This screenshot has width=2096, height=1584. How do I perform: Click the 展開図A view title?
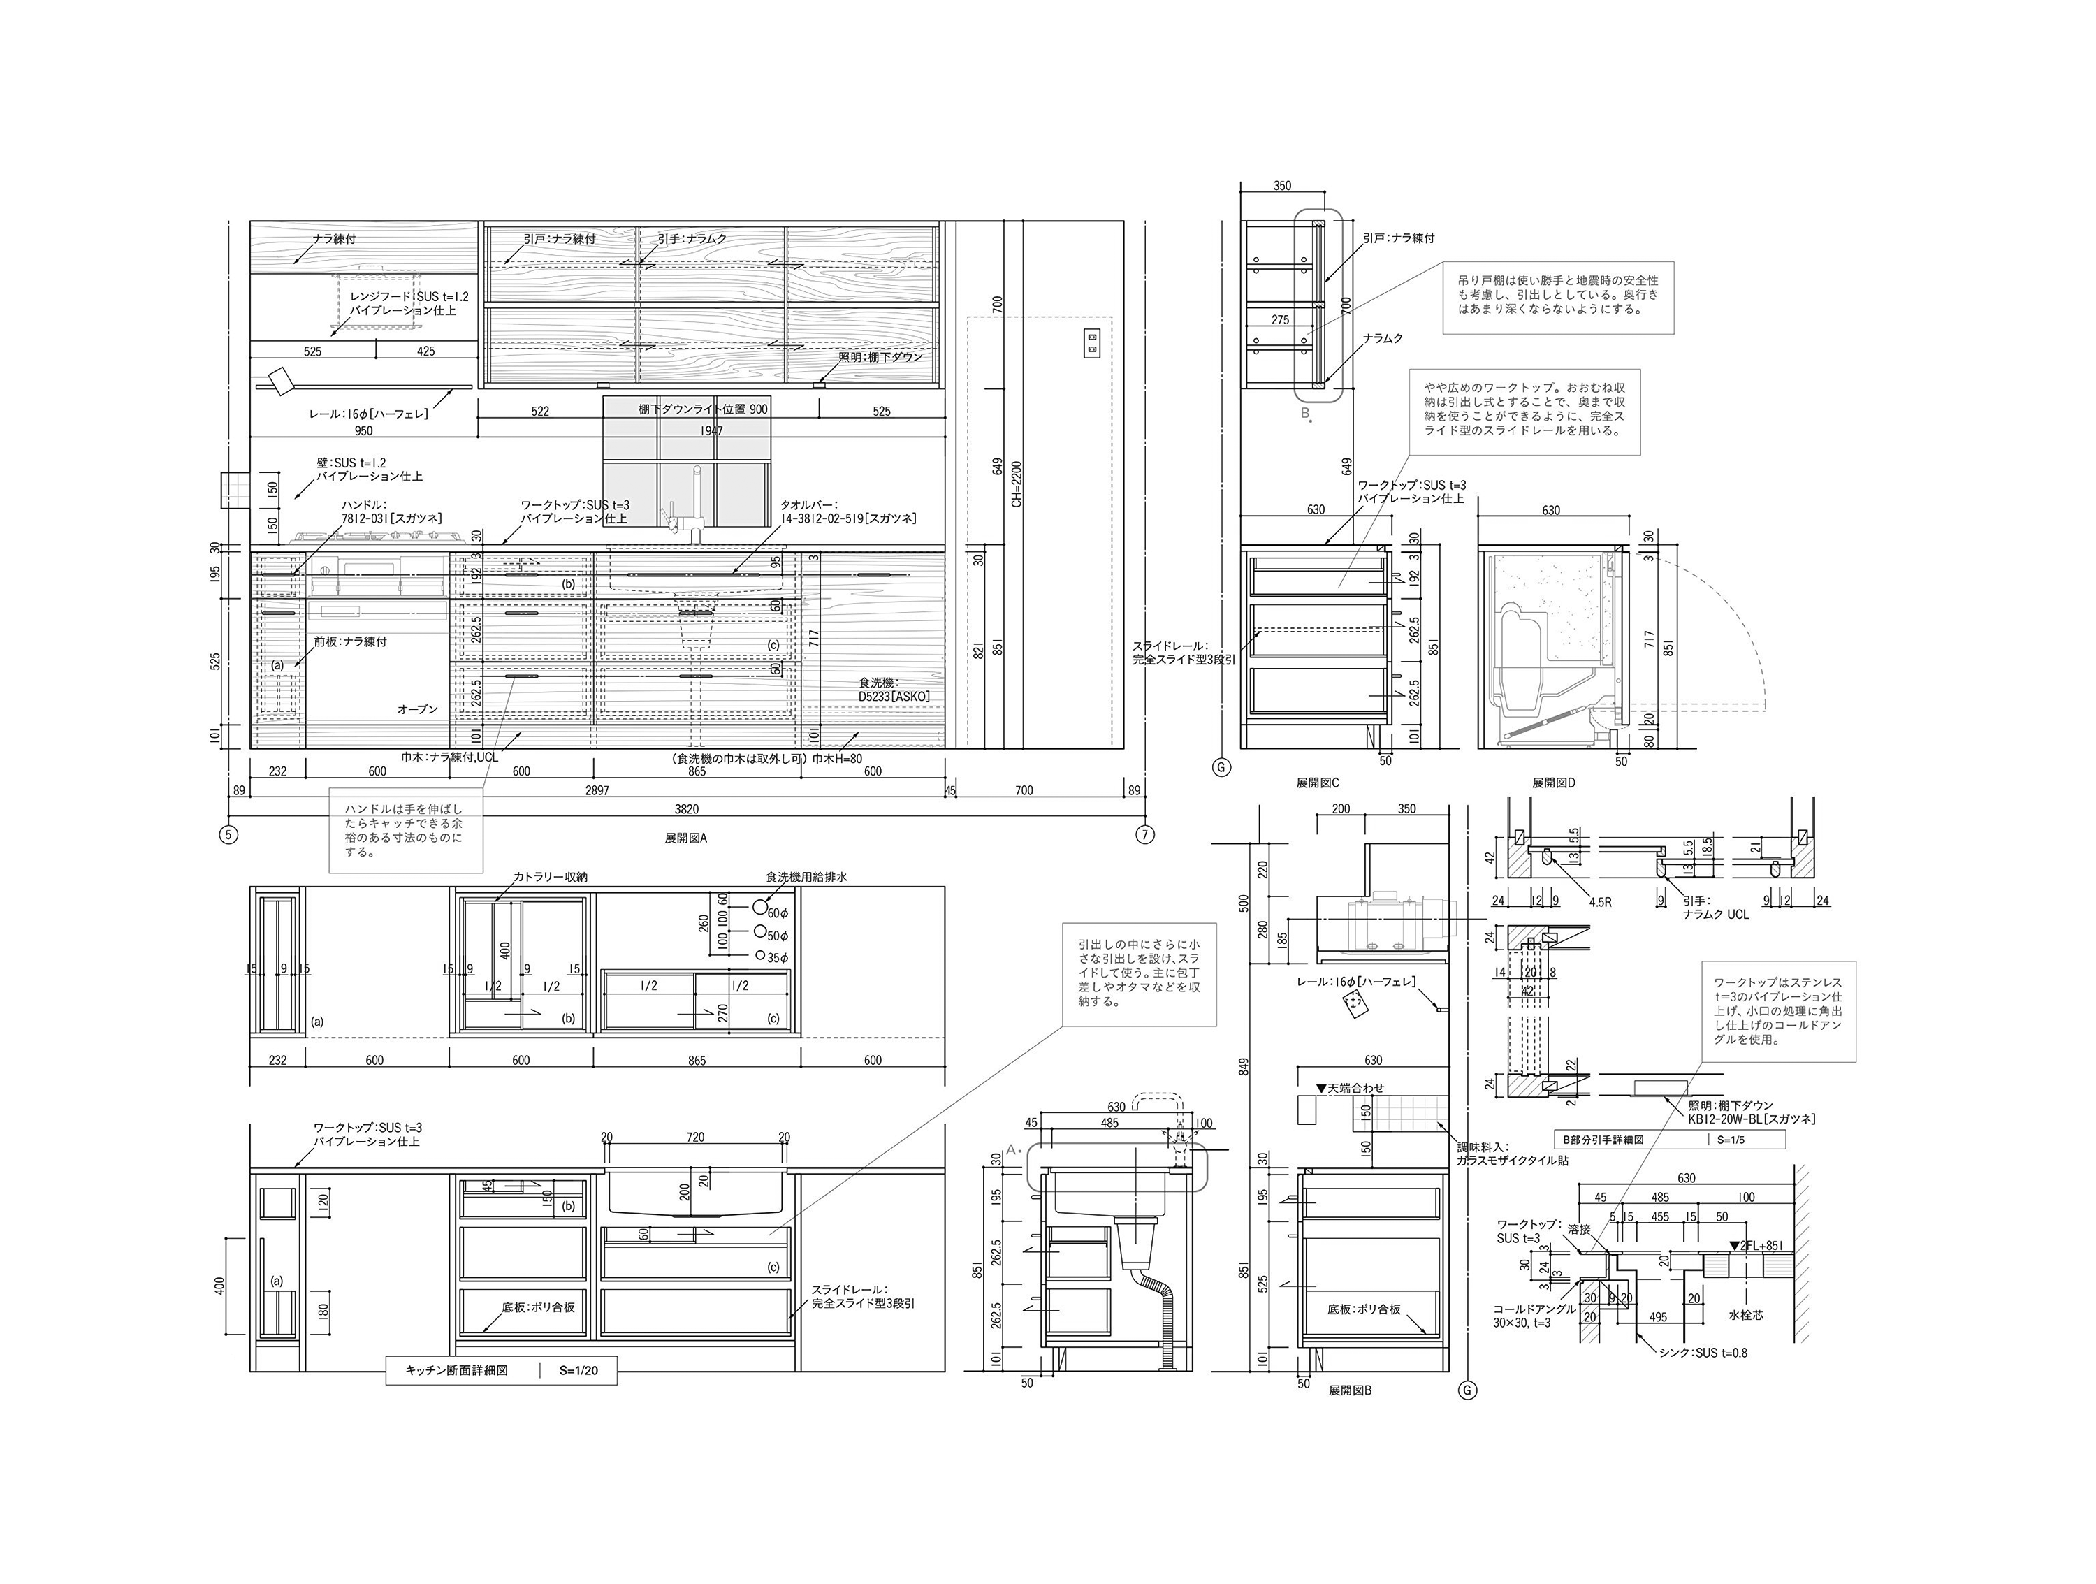click(x=685, y=838)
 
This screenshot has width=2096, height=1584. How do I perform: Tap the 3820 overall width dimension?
click(x=685, y=809)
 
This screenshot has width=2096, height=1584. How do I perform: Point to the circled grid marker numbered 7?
click(x=1144, y=835)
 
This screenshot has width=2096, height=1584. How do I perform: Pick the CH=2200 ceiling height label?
click(x=1017, y=497)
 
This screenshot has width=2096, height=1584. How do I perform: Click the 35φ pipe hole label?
click(x=778, y=958)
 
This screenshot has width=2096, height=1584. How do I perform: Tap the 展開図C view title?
click(x=1317, y=783)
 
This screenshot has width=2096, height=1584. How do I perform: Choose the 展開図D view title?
click(x=1553, y=783)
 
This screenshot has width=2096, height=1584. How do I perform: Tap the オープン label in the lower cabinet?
click(x=417, y=709)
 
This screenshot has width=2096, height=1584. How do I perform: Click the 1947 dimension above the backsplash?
click(x=712, y=431)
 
